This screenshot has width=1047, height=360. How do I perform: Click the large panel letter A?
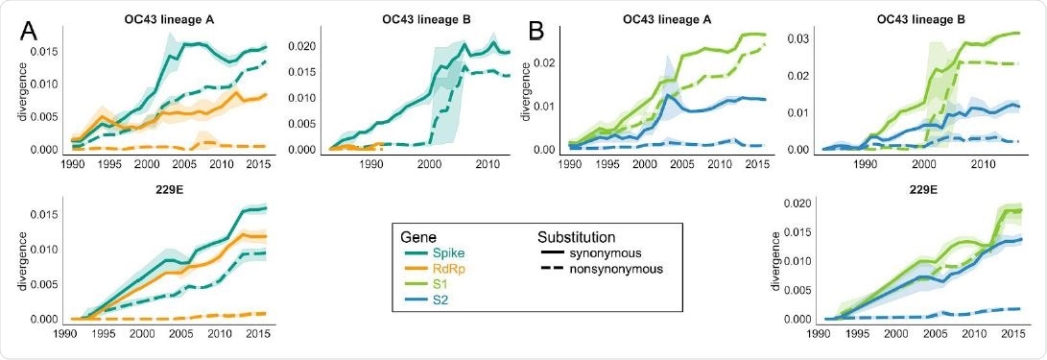[x=29, y=32]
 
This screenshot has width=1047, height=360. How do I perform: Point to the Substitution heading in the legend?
[x=576, y=235]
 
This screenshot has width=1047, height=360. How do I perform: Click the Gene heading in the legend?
[x=418, y=235]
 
